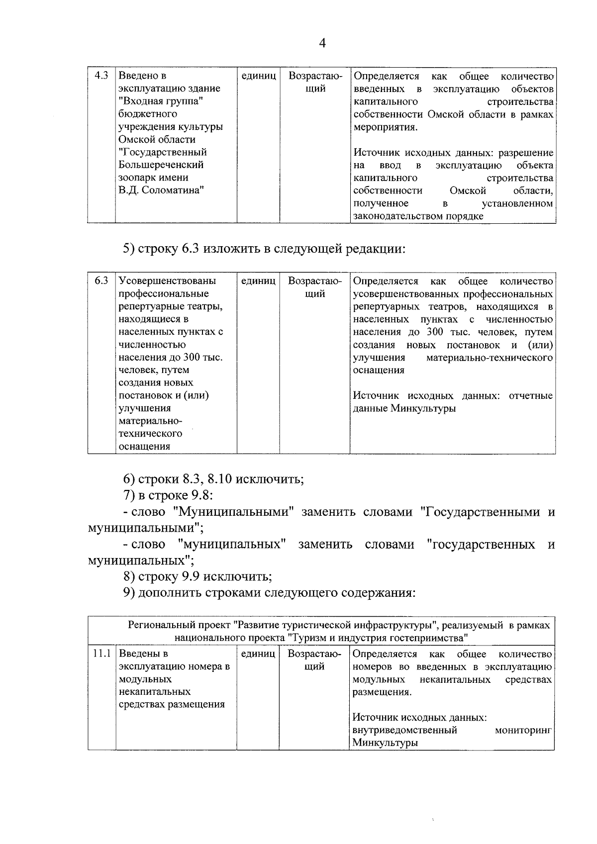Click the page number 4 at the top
click(322, 44)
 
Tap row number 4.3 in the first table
click(101, 76)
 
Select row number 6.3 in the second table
click(101, 281)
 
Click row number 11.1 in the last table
click(101, 654)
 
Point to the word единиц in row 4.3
click(259, 76)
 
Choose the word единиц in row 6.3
click(258, 281)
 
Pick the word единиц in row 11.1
click(258, 654)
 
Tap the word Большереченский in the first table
click(161, 165)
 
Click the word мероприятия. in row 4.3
click(386, 127)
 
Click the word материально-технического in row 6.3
click(490, 358)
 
